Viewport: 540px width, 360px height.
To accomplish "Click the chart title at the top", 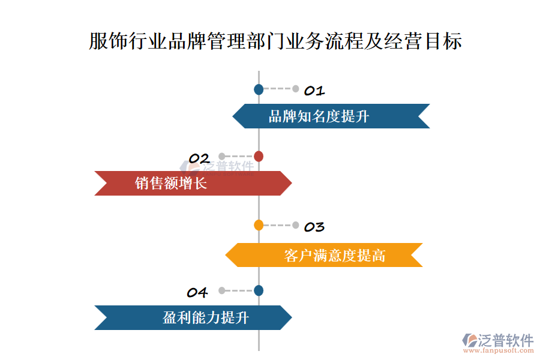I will (275, 41).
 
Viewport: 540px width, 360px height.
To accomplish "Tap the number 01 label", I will (314, 91).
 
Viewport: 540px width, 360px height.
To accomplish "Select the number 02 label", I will (199, 158).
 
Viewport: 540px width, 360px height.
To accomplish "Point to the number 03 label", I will (314, 227).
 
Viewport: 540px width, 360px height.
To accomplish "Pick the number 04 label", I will (197, 293).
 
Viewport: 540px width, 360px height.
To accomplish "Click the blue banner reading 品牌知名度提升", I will (331, 116).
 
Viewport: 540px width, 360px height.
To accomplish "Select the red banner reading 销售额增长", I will (193, 184).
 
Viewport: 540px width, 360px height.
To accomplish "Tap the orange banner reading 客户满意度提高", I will (324, 256).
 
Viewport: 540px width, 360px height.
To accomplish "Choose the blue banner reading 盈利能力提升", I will (193, 318).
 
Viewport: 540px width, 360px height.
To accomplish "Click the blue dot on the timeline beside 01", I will (259, 89).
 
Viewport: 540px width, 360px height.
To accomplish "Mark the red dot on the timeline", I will (259, 157).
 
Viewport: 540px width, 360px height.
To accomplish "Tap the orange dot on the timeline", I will (259, 226).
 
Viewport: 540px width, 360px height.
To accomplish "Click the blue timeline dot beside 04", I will (259, 290).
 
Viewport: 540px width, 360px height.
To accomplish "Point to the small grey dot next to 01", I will (296, 89).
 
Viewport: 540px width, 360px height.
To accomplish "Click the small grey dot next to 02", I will (222, 157).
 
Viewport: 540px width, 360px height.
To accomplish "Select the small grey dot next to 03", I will (296, 226).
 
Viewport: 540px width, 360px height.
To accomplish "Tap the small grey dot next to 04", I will (222, 290).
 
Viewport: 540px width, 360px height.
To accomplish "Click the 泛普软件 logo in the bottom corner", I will (499, 341).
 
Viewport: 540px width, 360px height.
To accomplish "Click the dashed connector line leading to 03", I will (277, 226).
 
